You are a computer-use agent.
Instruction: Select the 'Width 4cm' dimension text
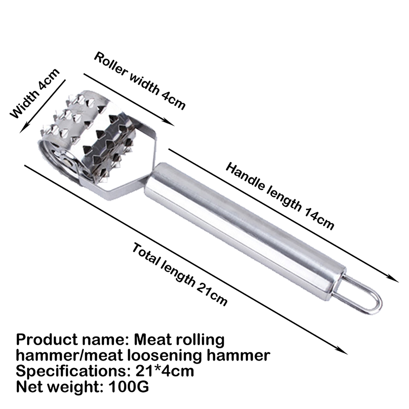click(35, 93)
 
